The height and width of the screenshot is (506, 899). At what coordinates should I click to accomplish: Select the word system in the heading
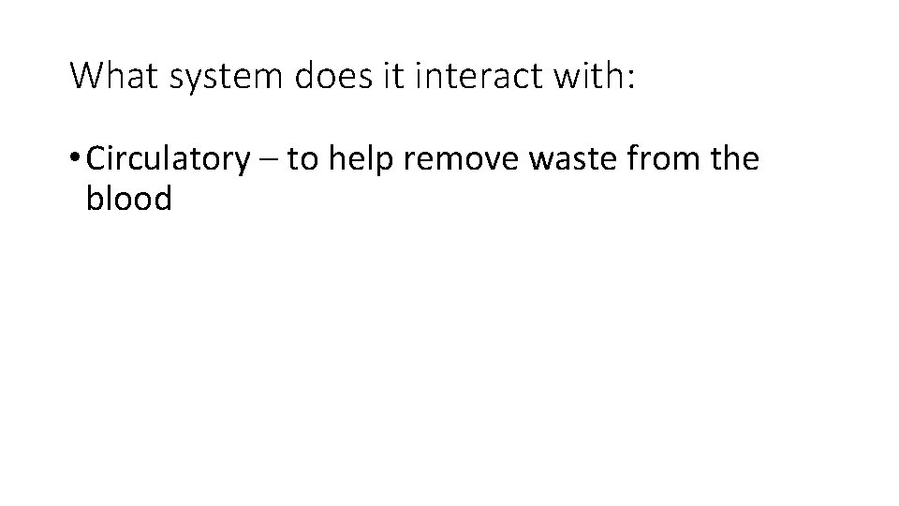point(228,78)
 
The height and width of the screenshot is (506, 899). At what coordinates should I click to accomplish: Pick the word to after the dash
point(302,161)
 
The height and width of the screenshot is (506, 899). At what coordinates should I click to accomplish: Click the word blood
point(128,200)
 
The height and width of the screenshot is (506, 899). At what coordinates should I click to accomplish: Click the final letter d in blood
point(163,200)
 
